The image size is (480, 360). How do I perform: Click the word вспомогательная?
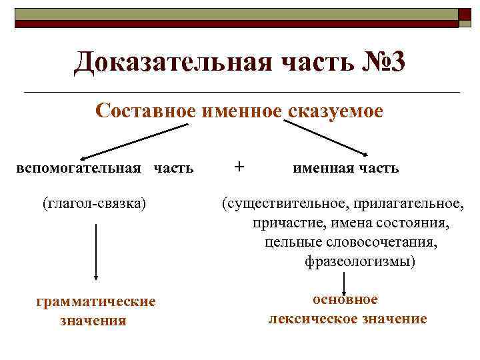pyautogui.click(x=79, y=167)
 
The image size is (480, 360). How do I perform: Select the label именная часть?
pyautogui.click(x=346, y=168)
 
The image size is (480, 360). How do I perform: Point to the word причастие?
pyautogui.click(x=288, y=223)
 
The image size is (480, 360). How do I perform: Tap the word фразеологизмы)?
pyautogui.click(x=360, y=261)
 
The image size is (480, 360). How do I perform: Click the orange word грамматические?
pyautogui.click(x=96, y=302)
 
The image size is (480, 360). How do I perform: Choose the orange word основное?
pyautogui.click(x=345, y=299)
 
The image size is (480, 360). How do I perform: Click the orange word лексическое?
pyautogui.click(x=311, y=319)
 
